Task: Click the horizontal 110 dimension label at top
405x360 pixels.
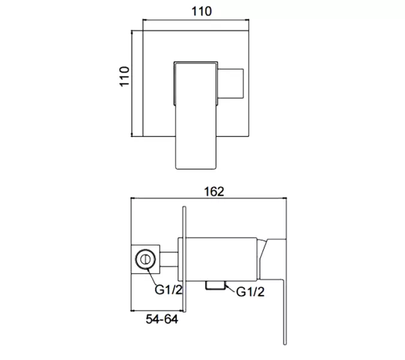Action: point(202,11)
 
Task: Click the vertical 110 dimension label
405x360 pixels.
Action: point(124,76)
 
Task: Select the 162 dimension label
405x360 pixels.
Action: point(214,191)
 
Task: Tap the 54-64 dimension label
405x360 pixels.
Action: point(162,319)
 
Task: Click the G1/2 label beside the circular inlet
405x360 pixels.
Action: point(169,289)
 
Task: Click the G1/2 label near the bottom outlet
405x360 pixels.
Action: point(250,292)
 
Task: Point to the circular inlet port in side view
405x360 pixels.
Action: point(145,259)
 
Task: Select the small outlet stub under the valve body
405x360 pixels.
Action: point(215,286)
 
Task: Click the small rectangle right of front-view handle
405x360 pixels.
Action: point(230,83)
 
